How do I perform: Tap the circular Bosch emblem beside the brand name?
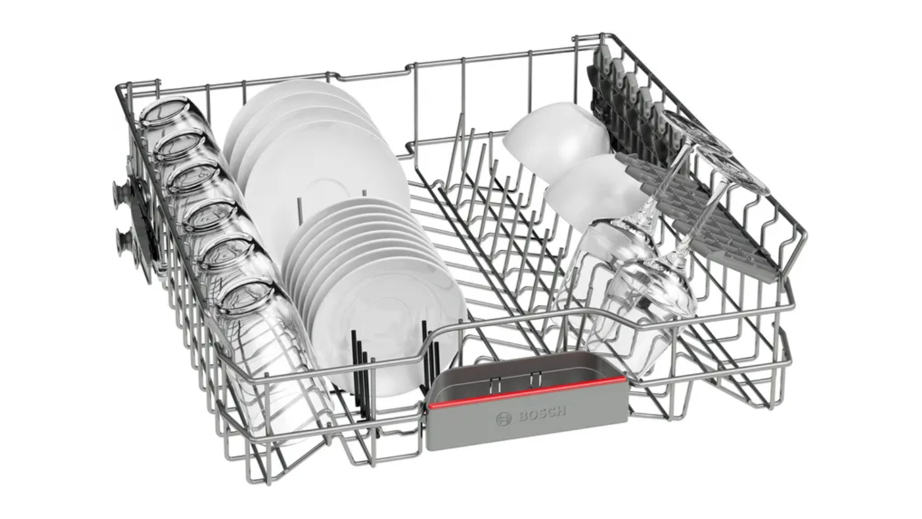[x=503, y=419]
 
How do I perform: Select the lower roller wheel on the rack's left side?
[x=125, y=244]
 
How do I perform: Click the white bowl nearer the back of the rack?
[x=556, y=141]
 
